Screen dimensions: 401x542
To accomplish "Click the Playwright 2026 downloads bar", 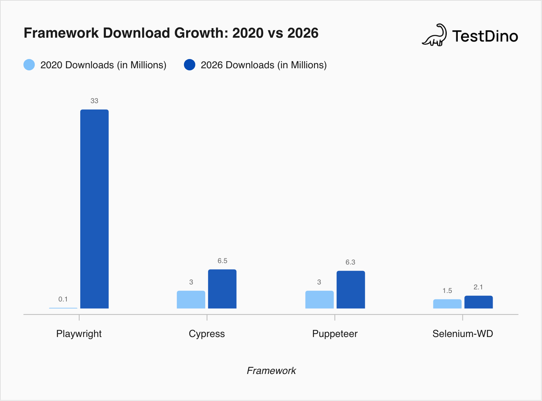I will click(94, 209).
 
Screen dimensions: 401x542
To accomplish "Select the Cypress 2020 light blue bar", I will click(191, 300).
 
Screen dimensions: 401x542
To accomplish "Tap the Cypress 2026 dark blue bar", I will click(222, 289).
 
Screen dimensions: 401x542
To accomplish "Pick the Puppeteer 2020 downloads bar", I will click(319, 300).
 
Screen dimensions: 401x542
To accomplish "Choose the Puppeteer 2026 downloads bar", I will click(351, 290).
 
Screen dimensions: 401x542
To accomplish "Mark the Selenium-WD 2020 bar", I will click(447, 304).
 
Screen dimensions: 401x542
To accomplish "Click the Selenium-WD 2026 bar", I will click(478, 302).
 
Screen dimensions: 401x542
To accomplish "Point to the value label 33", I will click(94, 101).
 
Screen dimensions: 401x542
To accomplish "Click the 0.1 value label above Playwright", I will click(63, 299).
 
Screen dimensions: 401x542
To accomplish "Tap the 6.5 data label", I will click(222, 261).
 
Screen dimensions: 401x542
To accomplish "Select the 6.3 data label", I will click(350, 262).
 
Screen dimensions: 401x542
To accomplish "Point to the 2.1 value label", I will click(478, 287).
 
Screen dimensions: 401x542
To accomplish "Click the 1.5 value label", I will click(447, 291).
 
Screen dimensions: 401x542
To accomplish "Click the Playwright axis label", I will click(79, 334).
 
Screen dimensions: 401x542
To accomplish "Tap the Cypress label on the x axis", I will click(207, 334).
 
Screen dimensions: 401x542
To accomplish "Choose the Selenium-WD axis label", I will click(462, 334).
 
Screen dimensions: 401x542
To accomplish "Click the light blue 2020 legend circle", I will click(29, 65).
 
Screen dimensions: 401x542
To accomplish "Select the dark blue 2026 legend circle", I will click(190, 65).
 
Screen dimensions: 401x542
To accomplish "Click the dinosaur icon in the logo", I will click(434, 36).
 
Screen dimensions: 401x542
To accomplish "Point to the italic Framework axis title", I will click(271, 371).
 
